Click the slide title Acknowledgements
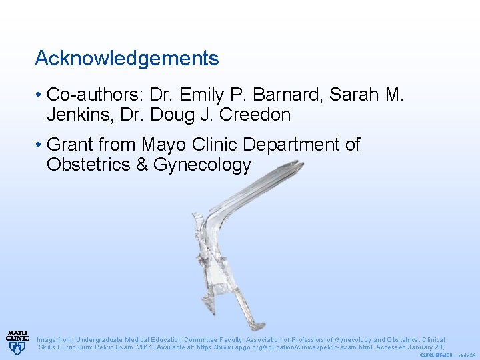(x=127, y=59)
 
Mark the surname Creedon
(x=257, y=115)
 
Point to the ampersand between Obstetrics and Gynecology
(x=141, y=165)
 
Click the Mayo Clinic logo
(x=17, y=341)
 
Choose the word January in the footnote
(x=415, y=347)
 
